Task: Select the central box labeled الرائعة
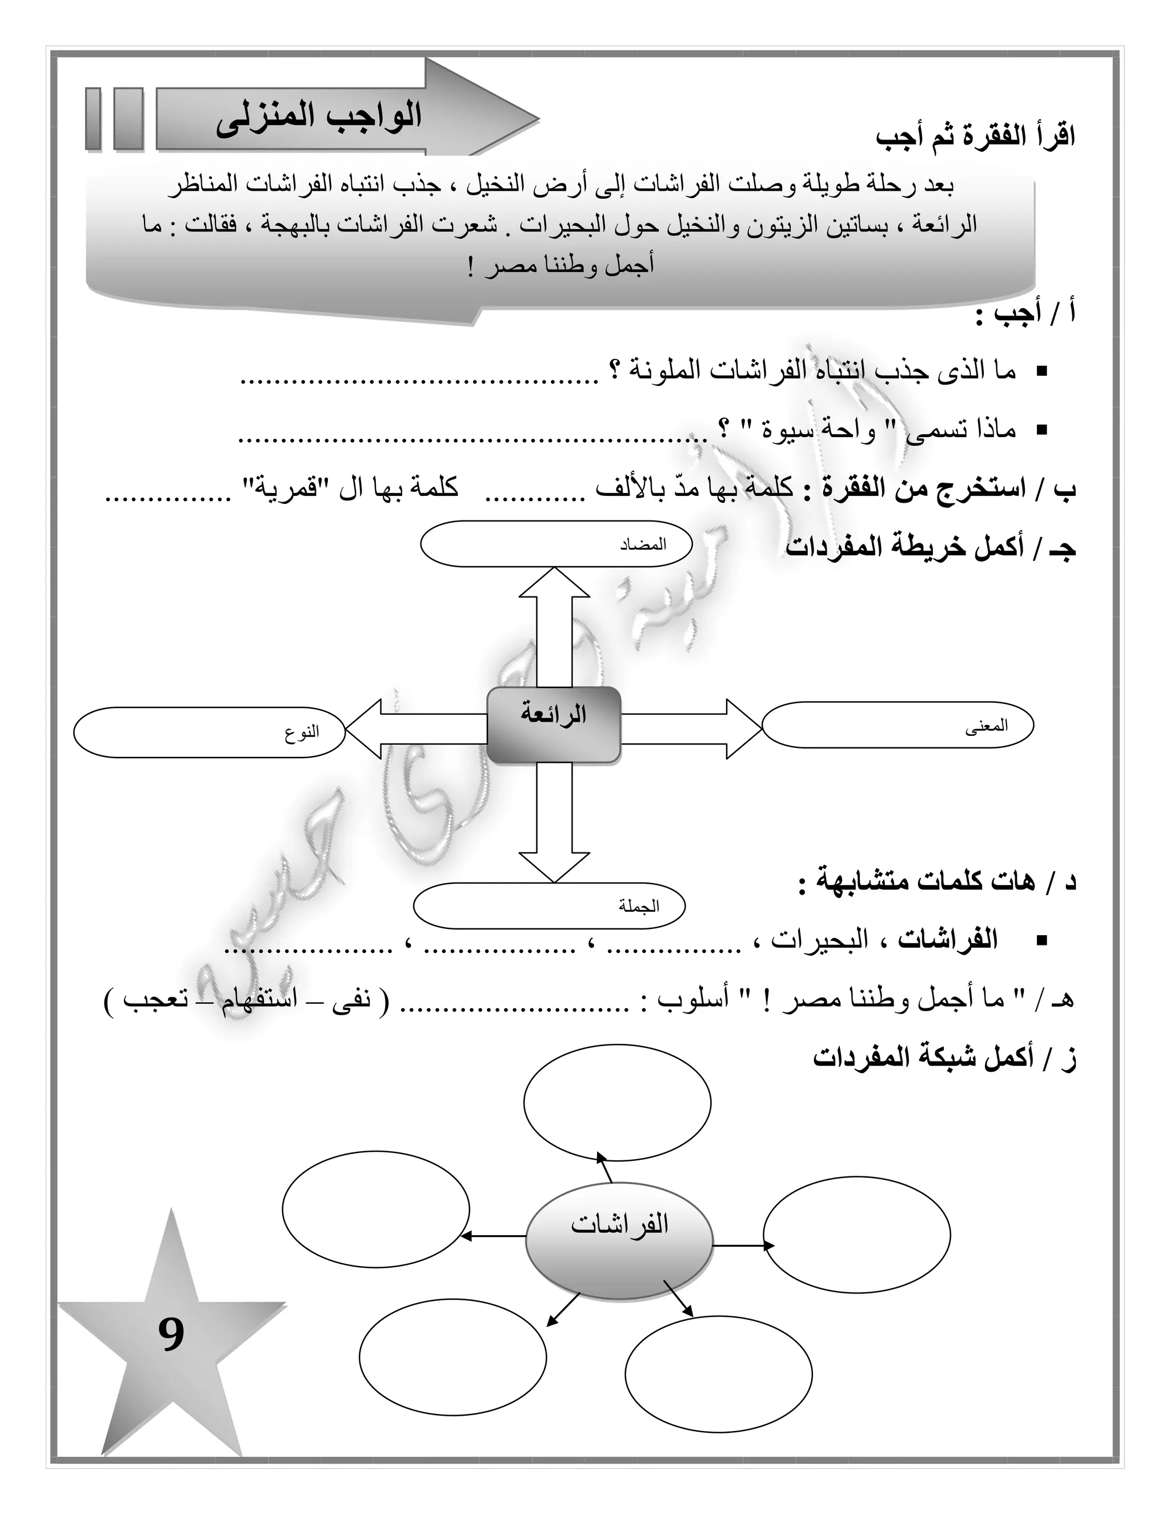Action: pos(553,725)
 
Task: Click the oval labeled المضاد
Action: pos(556,544)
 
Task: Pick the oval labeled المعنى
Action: pos(897,725)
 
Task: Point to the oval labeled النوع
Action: pos(209,732)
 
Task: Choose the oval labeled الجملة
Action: pos(549,906)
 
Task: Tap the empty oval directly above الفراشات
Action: pos(617,1102)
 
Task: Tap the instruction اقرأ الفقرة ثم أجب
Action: pos(975,137)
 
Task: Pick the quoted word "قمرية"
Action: pos(283,488)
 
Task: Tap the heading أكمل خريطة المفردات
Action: pos(930,548)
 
